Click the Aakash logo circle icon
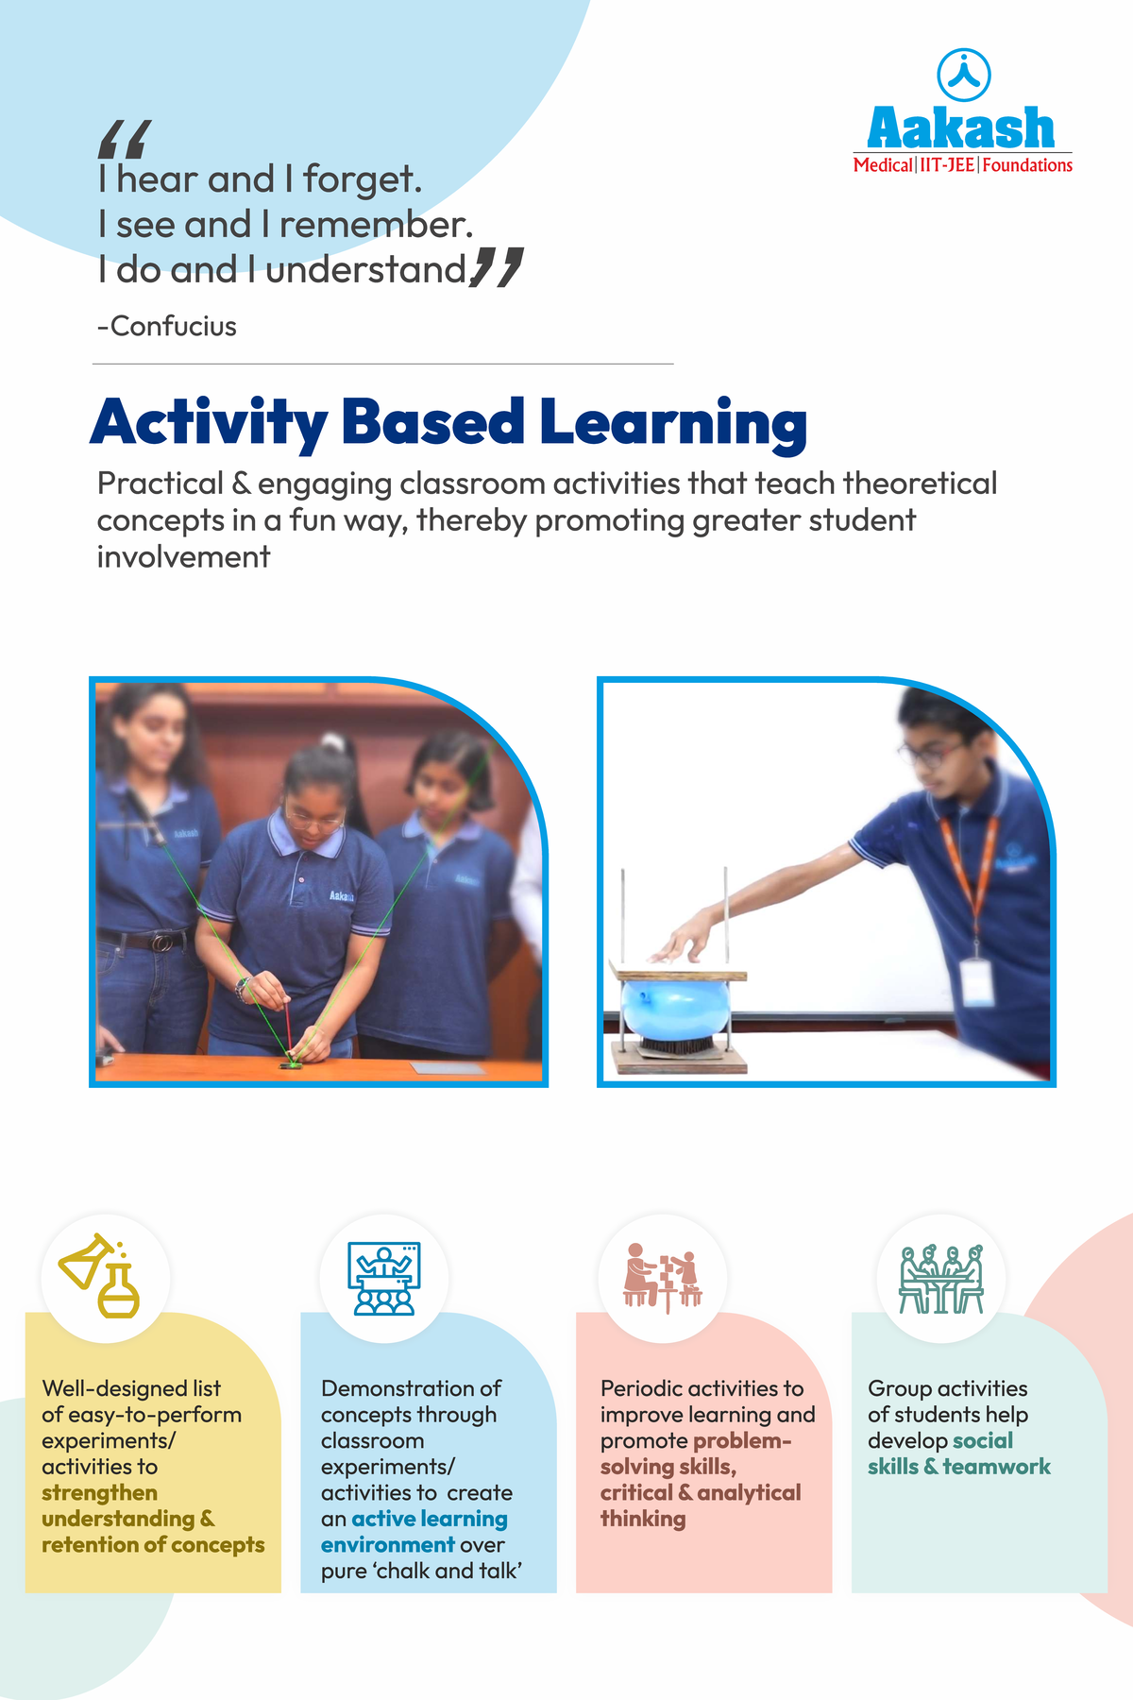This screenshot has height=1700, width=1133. click(963, 75)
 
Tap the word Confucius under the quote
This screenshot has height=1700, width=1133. click(174, 327)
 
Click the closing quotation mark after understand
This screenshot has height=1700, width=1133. click(497, 267)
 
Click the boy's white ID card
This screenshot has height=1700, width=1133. click(976, 982)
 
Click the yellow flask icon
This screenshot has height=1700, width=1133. click(100, 1275)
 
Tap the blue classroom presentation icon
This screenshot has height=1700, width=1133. click(384, 1278)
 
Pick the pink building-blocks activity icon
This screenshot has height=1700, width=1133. click(663, 1278)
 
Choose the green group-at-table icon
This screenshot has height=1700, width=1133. click(941, 1279)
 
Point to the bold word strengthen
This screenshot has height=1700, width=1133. click(99, 1493)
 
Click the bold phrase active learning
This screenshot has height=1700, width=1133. click(430, 1519)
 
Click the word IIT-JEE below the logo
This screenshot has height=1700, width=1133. click(948, 165)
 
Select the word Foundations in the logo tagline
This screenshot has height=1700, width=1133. click(1027, 165)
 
